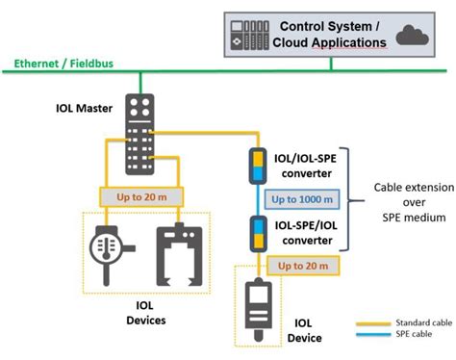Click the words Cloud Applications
330,42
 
